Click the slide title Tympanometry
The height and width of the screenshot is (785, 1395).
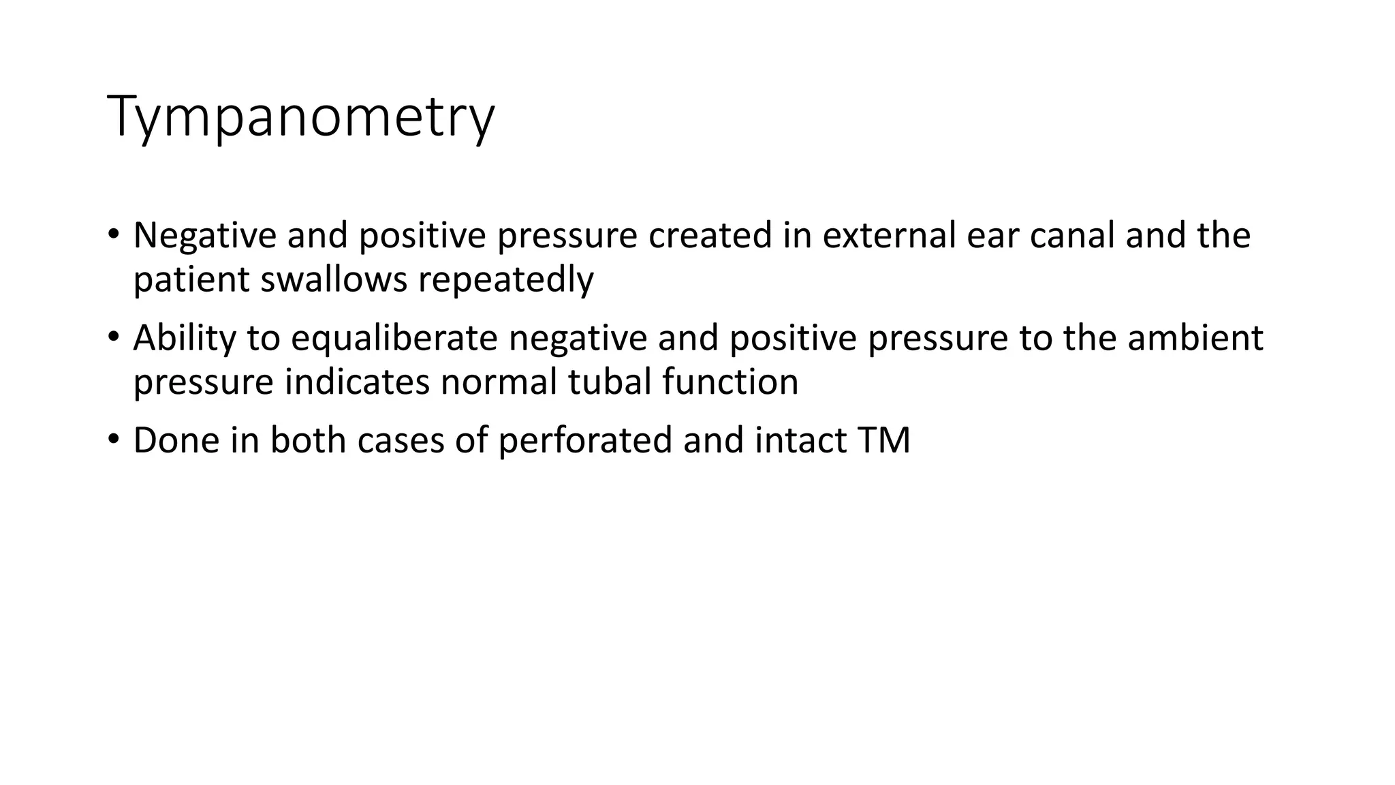coord(300,117)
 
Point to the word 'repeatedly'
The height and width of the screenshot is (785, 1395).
coord(506,281)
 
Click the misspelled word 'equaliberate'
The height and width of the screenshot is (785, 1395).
coord(394,339)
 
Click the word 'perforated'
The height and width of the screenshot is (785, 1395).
coord(585,440)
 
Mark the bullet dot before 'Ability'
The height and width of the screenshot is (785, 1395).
coord(113,337)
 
